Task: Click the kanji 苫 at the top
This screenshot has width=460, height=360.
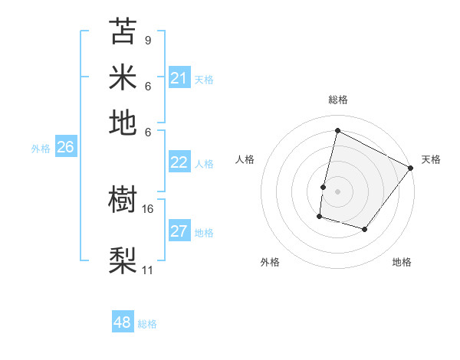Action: click(123, 32)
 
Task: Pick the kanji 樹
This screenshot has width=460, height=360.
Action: click(123, 201)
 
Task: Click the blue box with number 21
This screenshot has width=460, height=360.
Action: click(179, 78)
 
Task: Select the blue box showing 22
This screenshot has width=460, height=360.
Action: click(179, 162)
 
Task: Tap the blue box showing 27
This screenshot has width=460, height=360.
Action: click(179, 232)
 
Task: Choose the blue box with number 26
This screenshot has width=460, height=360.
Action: click(65, 148)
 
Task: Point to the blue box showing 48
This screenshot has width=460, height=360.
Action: click(122, 322)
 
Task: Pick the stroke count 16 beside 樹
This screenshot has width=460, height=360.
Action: click(148, 208)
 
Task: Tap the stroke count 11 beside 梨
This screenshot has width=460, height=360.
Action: click(148, 270)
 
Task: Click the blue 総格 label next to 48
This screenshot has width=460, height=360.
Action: click(147, 324)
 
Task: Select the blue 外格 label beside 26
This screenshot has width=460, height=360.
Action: click(40, 149)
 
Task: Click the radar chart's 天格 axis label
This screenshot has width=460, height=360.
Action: click(431, 159)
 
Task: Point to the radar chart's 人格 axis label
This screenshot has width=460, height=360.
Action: click(245, 159)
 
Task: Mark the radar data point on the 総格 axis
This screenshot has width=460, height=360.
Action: click(337, 131)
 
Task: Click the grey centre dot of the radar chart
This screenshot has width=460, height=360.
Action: click(337, 190)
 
